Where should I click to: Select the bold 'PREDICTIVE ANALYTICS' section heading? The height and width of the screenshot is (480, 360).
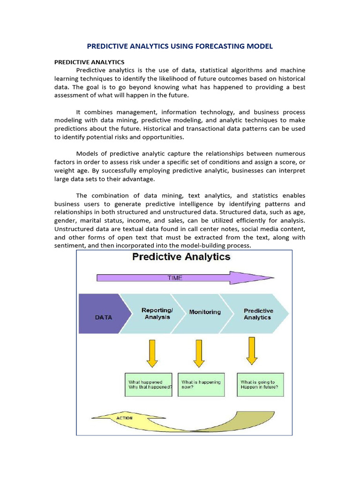pos(89,62)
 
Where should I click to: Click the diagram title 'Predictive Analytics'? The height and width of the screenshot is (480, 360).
pos(181,257)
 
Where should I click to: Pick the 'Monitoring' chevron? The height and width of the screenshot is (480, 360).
pos(205,312)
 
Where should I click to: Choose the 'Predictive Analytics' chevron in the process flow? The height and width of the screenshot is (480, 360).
pos(257,314)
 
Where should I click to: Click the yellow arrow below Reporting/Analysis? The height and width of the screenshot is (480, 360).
pos(152,353)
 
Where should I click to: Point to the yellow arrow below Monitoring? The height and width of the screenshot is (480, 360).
pos(199,353)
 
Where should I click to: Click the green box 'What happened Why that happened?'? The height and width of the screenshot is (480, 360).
pos(149,385)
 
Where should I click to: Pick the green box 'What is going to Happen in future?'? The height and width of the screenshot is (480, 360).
pos(260,385)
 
